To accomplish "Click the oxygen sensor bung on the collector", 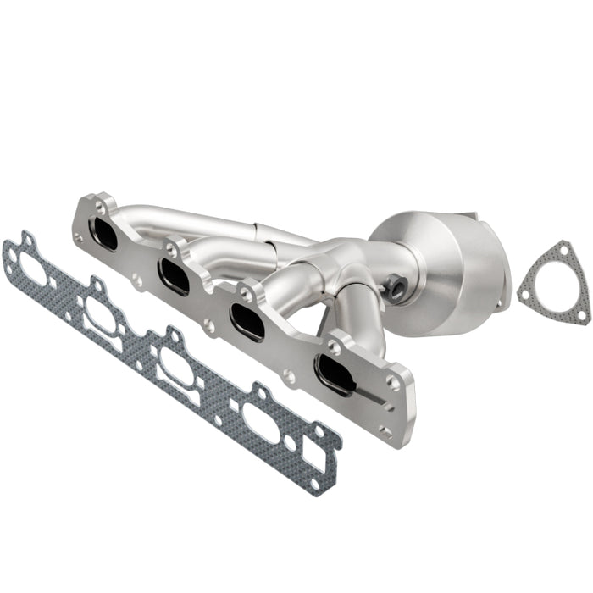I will [x=396, y=289].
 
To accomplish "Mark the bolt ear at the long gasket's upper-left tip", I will [x=26, y=241].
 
